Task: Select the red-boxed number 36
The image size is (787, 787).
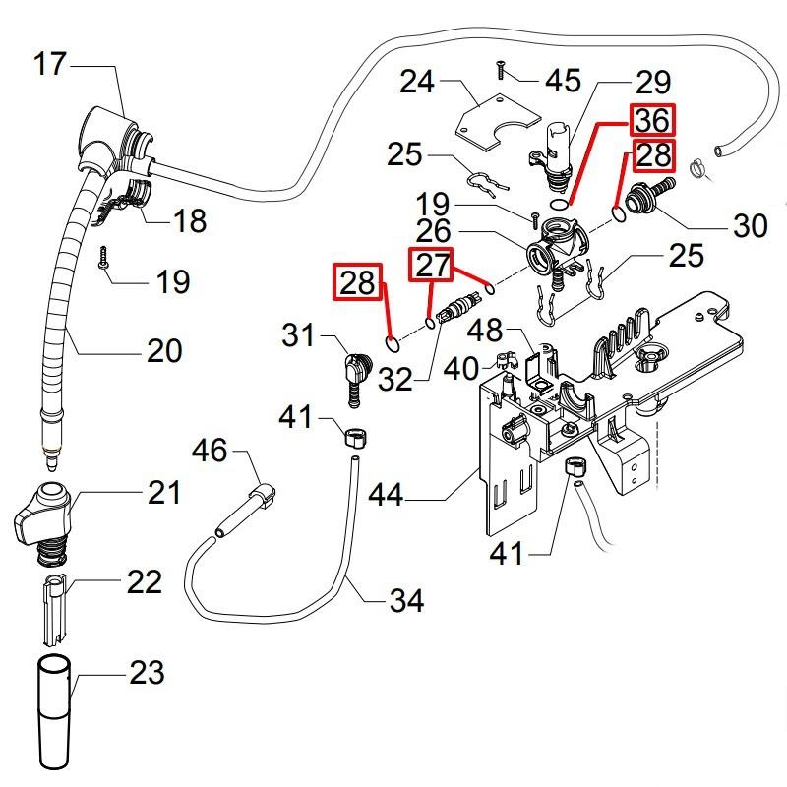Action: (x=651, y=121)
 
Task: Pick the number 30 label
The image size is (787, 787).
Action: (x=750, y=225)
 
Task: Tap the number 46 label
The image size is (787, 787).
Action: (x=209, y=452)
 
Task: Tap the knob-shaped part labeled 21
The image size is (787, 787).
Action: (x=45, y=515)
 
